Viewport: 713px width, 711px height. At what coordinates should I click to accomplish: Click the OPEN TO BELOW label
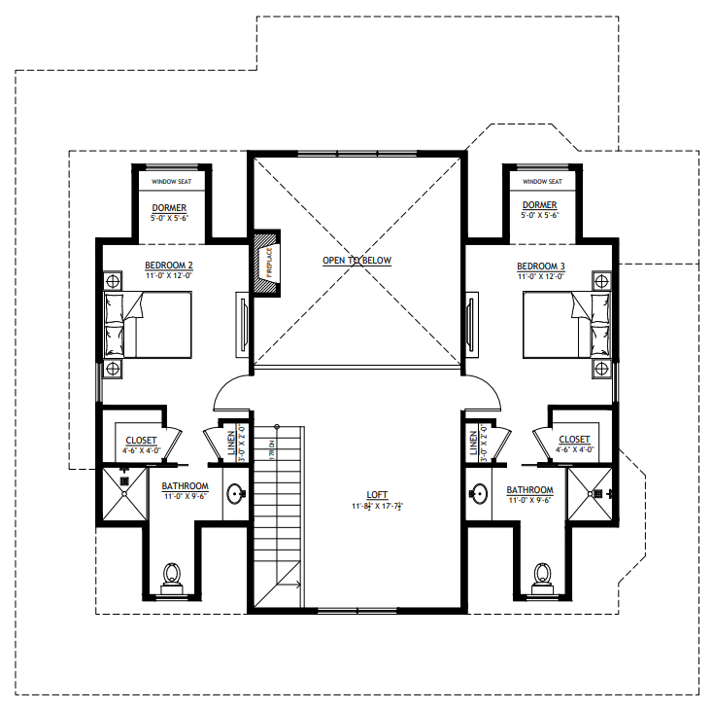[356, 261]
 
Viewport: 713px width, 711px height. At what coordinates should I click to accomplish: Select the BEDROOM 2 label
[169, 266]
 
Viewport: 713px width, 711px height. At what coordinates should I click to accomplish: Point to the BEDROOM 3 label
[540, 266]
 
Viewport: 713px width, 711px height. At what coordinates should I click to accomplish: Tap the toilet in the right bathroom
[541, 575]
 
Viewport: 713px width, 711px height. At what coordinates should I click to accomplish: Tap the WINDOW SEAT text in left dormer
[172, 182]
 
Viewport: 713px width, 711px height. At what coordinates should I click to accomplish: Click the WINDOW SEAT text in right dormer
[542, 182]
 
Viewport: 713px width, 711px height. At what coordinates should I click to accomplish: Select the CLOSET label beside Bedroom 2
[141, 440]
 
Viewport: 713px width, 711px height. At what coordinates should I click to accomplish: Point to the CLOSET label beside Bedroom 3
[574, 440]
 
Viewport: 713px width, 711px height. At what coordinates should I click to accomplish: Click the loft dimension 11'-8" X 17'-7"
[377, 507]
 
